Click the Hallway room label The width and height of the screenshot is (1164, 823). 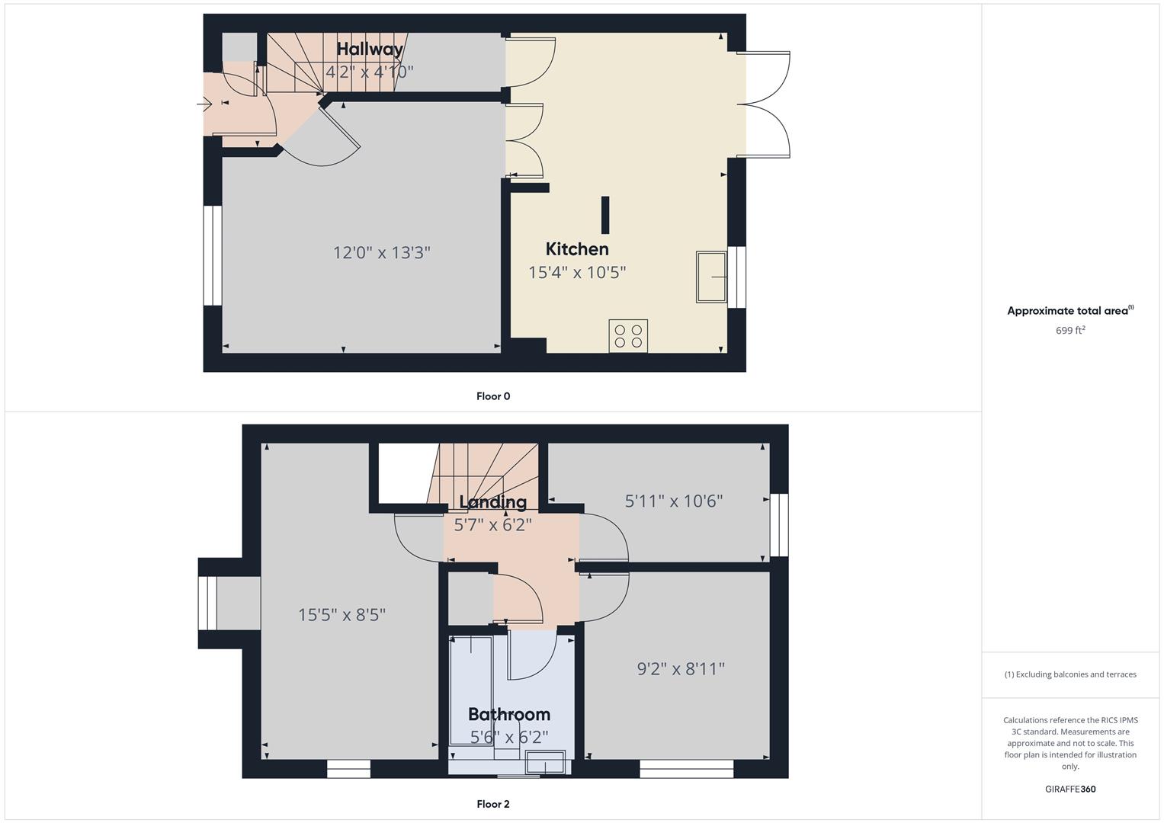370,50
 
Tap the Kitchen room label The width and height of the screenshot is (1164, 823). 577,249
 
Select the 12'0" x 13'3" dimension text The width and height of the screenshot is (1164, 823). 381,252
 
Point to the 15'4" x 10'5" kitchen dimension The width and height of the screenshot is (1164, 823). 577,272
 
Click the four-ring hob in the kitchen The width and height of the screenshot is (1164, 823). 628,335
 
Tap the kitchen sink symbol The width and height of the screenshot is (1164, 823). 711,277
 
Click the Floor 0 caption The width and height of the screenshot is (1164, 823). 493,396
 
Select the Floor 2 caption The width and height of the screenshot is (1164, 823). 493,804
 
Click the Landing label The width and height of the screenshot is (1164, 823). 492,502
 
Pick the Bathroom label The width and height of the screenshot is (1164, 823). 508,715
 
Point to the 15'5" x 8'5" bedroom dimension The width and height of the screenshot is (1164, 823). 342,615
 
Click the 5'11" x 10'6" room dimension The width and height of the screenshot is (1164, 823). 673,501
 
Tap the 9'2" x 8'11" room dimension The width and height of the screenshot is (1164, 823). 681,669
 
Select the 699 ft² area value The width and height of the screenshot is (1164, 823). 1070,331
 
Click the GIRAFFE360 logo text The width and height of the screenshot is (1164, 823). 1070,789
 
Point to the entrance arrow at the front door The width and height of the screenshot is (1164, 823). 204,104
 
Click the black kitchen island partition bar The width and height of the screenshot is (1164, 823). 604,215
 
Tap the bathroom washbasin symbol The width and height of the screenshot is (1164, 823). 545,762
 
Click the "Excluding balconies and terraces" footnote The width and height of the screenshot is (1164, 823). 1070,674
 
